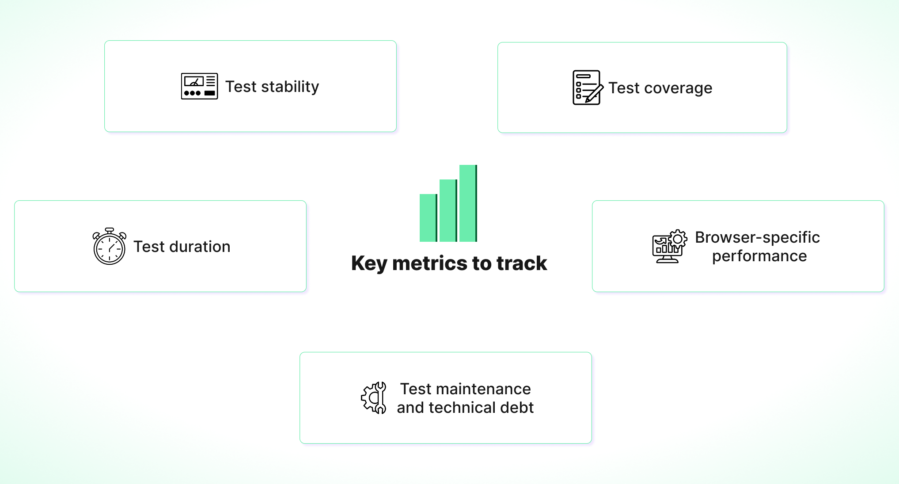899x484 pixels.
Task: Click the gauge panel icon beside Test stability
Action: (199, 86)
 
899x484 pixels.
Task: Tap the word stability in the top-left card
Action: (290, 87)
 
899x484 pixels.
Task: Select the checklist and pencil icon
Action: (587, 88)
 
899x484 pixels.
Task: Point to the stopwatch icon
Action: (110, 247)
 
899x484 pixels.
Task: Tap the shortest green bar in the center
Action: (428, 218)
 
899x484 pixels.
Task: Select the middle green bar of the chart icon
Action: (448, 210)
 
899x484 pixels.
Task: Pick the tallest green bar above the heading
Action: (467, 203)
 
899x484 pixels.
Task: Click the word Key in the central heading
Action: (369, 264)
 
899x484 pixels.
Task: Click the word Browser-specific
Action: (757, 237)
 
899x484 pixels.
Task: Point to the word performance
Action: (759, 256)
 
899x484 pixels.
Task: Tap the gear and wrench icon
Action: (374, 398)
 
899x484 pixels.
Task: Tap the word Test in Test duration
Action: (149, 247)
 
